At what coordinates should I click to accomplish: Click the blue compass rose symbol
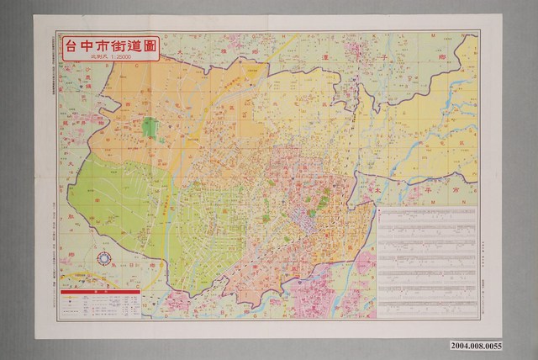point(105,260)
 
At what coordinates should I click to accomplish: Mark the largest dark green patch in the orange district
point(150,128)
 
